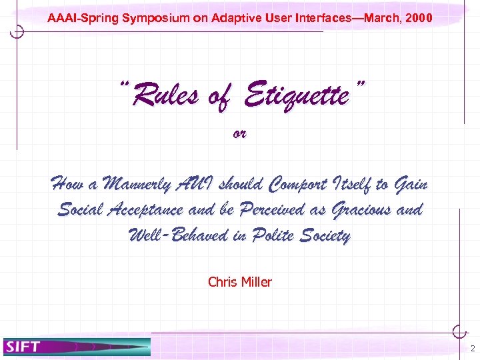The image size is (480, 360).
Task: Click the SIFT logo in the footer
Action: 23,346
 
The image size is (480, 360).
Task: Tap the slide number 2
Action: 472,348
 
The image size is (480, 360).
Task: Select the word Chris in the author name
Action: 222,282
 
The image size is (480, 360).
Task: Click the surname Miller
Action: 255,282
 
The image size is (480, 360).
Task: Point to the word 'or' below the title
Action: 239,133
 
